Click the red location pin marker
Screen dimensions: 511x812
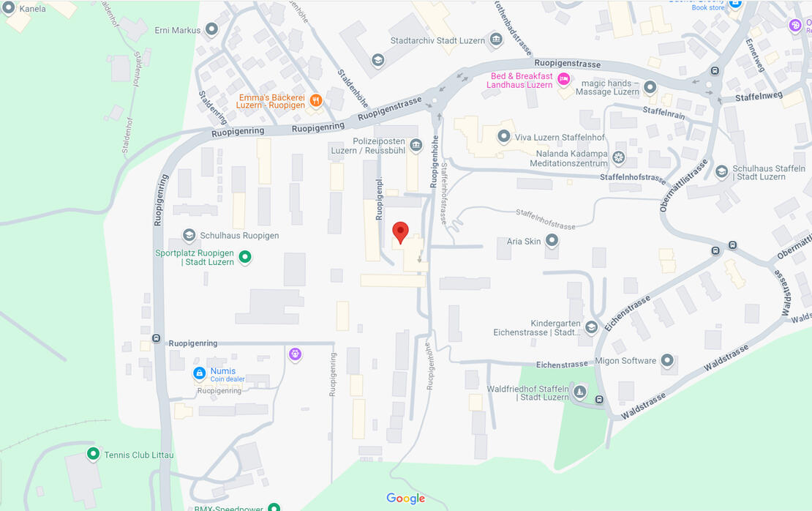(x=400, y=231)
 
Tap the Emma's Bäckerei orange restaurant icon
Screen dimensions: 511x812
(x=315, y=100)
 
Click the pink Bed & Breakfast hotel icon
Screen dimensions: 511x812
(x=563, y=79)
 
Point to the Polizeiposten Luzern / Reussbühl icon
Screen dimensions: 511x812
(x=416, y=145)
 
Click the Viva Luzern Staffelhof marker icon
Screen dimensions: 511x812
(x=503, y=136)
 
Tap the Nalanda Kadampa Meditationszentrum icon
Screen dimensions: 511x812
(x=618, y=157)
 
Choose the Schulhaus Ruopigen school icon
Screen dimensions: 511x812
(x=189, y=235)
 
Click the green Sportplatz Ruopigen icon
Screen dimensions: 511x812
(x=246, y=257)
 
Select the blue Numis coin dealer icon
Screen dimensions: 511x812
(x=199, y=373)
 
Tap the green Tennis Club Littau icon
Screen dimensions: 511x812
(x=93, y=454)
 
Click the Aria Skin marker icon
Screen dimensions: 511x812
(x=552, y=240)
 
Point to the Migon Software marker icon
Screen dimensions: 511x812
(x=666, y=360)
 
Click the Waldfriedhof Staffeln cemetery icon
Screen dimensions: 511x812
(x=579, y=392)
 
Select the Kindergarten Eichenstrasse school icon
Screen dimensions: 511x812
(x=591, y=327)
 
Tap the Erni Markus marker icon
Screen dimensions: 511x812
(x=211, y=29)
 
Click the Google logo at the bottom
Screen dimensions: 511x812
(x=405, y=499)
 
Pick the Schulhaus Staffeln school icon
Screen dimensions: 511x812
(x=721, y=171)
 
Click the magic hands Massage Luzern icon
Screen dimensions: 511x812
(x=650, y=86)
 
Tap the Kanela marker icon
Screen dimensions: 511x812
(x=9, y=8)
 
